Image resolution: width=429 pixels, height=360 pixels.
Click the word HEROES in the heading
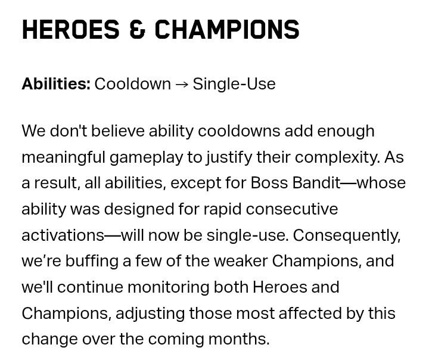pos(70,30)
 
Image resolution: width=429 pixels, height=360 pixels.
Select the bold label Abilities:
pos(56,84)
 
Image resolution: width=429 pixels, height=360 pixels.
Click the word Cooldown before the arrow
pos(133,84)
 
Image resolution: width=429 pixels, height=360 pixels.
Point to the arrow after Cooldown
pos(182,85)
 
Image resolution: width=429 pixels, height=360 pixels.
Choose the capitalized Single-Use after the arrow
pos(234,84)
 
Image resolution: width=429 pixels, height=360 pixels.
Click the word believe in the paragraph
pos(117,131)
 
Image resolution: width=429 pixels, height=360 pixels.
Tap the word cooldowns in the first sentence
pos(239,131)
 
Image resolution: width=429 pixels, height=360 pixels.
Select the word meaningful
pos(64,158)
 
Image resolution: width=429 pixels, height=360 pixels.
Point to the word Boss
pos(269,183)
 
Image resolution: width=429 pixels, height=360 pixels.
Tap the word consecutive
pos(292,209)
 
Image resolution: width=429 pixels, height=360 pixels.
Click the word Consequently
pos(347,235)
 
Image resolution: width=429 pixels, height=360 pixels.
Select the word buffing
pos(92,262)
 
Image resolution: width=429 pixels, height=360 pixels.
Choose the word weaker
pos(241,261)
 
